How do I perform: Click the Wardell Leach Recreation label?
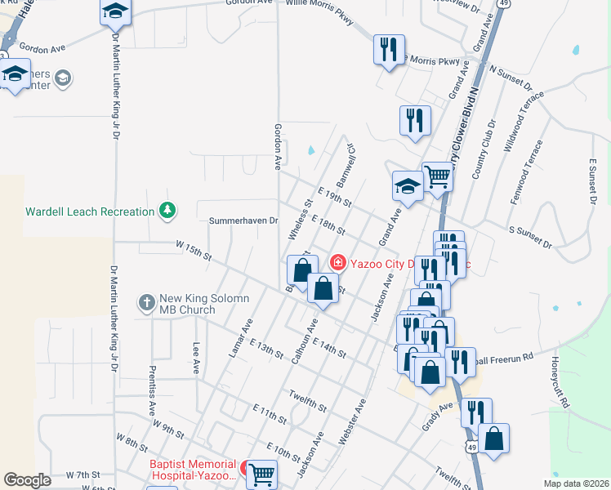(x=90, y=212)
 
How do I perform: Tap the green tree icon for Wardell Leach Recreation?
(x=167, y=211)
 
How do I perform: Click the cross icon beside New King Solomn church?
(x=146, y=303)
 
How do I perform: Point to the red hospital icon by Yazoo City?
(x=337, y=262)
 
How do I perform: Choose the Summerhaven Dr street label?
(x=244, y=220)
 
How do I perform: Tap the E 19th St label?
(x=335, y=196)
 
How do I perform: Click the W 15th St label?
(x=193, y=249)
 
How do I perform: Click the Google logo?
(x=28, y=480)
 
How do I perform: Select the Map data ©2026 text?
(x=575, y=483)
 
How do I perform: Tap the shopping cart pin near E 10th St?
(x=261, y=474)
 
